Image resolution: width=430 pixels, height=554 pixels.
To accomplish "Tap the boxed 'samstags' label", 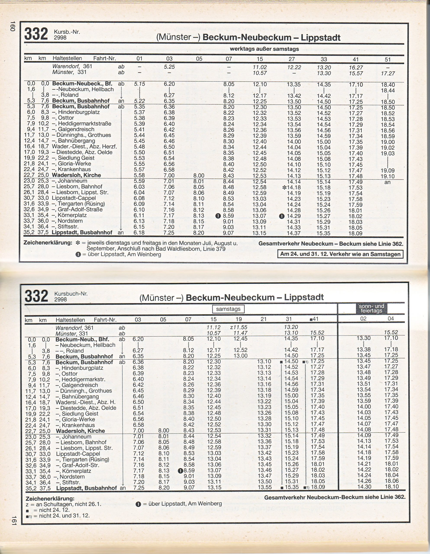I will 228,309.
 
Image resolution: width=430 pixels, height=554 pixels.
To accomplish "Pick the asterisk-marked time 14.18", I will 291,187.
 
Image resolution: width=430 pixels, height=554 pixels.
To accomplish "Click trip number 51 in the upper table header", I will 388,59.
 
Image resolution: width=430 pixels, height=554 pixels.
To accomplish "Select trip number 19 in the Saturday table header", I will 239,319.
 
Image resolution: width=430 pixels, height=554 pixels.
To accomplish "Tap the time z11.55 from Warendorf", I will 238,327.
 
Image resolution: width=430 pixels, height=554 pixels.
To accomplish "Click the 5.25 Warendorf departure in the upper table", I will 169,67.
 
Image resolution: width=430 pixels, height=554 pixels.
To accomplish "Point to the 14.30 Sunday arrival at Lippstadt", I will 364,487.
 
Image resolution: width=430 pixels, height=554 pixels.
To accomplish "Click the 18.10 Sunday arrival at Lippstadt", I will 391,487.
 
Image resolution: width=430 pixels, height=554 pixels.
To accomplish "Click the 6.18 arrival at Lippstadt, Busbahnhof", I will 139,233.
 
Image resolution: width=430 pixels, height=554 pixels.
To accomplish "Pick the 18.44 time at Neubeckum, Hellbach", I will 388,90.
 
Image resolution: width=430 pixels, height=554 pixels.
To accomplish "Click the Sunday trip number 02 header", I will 363,319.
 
